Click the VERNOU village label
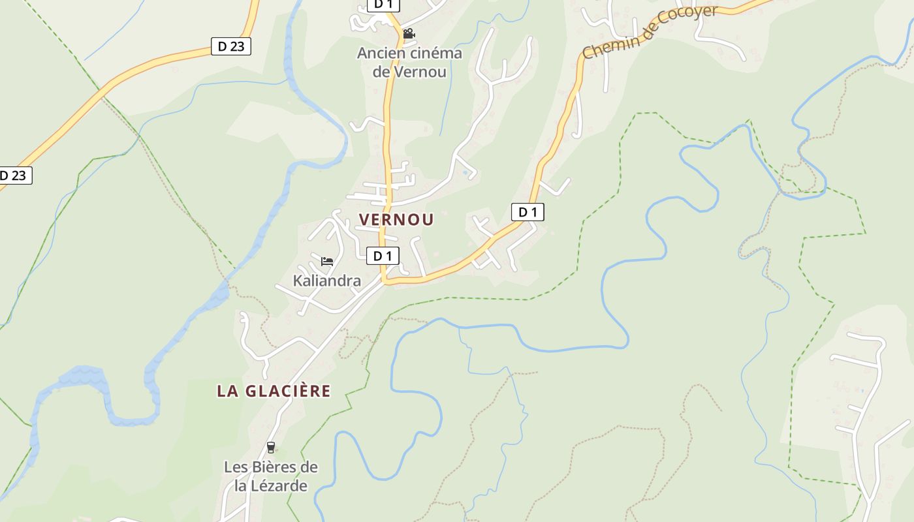coord(396,220)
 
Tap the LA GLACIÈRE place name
coord(274,391)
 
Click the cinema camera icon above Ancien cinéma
coord(409,33)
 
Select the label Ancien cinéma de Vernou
coord(409,63)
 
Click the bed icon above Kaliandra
coord(327,262)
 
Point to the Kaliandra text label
coord(327,281)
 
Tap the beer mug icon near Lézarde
coord(271,448)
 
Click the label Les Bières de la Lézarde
coord(271,476)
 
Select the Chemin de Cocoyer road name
coord(650,31)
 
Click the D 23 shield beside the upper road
coord(231,46)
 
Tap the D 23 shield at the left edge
coord(13,176)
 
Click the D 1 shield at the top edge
coord(383,5)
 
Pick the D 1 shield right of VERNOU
coord(527,212)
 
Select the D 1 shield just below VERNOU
coord(383,256)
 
